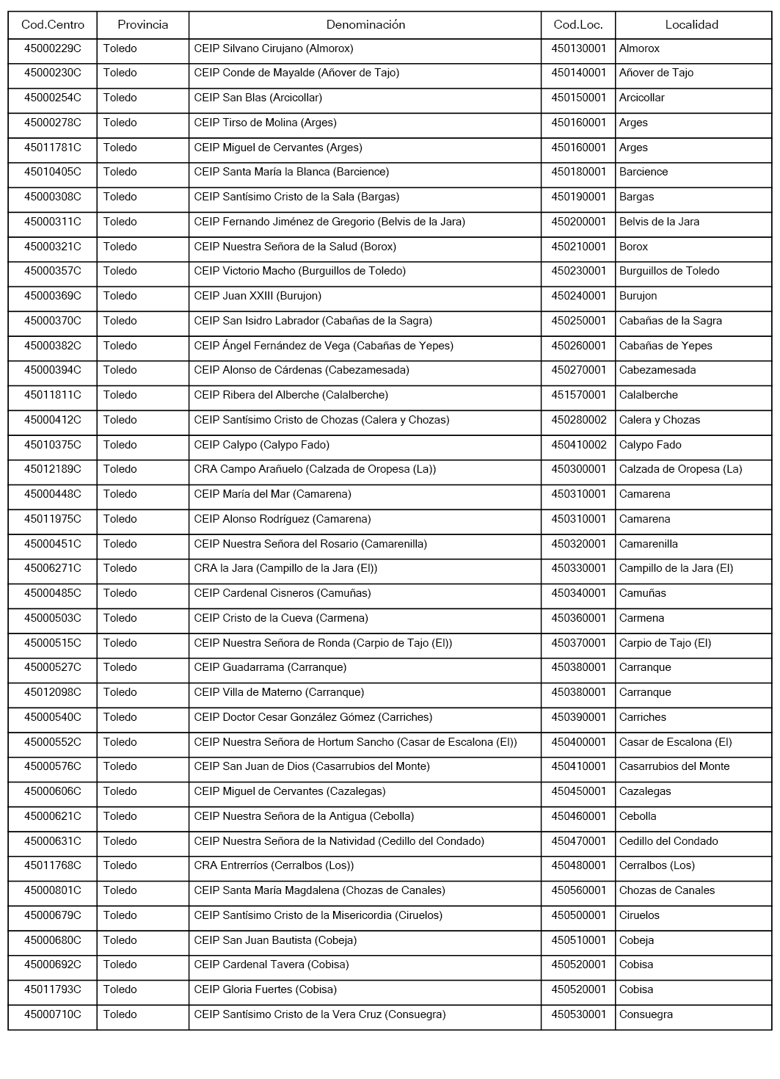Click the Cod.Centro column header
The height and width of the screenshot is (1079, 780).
point(53,25)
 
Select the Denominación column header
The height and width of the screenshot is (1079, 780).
point(365,25)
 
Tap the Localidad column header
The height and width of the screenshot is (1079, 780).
point(691,25)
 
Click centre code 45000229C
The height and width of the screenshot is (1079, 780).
point(53,48)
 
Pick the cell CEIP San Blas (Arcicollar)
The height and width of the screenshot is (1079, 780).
point(258,98)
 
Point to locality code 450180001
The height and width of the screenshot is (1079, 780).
point(579,172)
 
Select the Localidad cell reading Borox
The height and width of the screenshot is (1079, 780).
point(634,247)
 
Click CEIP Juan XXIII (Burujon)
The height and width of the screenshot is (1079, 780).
point(258,296)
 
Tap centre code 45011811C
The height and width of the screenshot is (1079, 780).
point(53,395)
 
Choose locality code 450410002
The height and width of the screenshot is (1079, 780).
point(579,445)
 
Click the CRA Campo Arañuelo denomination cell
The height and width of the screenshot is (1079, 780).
point(315,469)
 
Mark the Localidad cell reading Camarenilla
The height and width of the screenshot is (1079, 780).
point(649,544)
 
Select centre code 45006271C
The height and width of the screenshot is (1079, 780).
point(53,568)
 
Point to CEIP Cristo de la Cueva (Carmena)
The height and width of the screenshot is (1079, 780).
point(281,618)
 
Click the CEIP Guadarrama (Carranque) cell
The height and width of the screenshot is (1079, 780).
point(270,667)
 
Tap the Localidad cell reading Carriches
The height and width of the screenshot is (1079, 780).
point(643,717)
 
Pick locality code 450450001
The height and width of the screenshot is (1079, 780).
point(579,791)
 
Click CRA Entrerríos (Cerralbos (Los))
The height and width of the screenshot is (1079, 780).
point(274,865)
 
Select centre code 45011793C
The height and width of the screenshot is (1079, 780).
point(53,989)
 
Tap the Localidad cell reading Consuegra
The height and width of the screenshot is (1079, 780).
point(646,1014)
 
